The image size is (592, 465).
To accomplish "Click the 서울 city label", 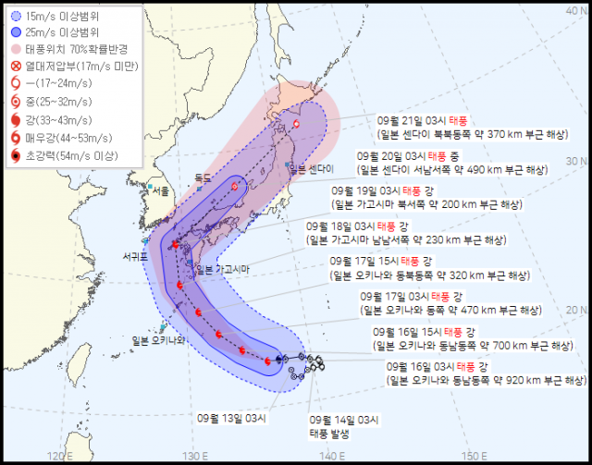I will [x=161, y=190].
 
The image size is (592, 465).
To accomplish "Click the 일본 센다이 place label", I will [x=311, y=168].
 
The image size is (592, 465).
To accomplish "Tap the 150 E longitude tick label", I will [x=474, y=454].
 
